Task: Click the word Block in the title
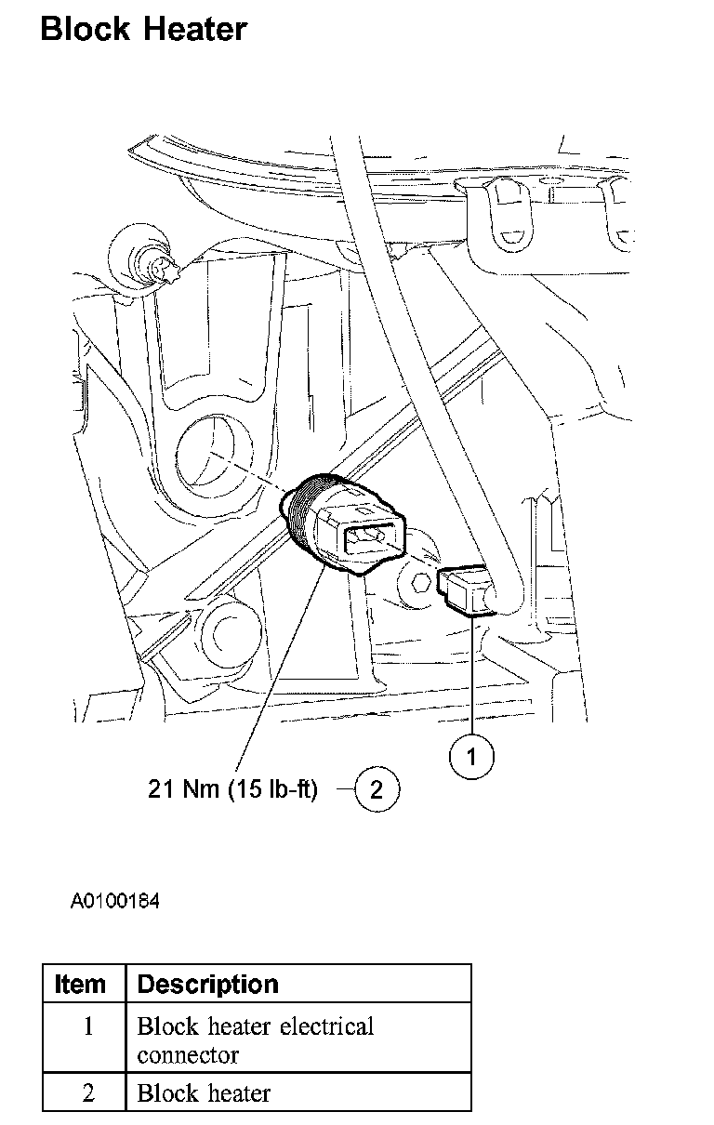[85, 30]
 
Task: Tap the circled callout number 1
[471, 757]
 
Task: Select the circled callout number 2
[377, 790]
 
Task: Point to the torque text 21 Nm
[182, 790]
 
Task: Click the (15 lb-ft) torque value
[271, 790]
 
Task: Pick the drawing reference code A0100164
[115, 901]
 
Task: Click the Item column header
[81, 984]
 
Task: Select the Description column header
[207, 984]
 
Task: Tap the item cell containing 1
[88, 1027]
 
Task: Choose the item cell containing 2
[88, 1093]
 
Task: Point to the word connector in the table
[188, 1055]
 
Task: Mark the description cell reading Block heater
[204, 1093]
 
